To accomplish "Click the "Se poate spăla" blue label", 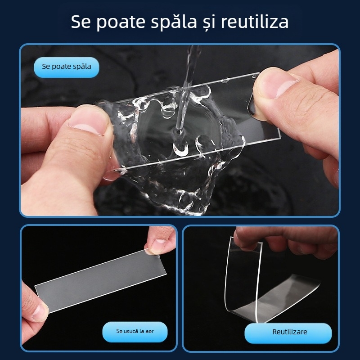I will click(67, 67).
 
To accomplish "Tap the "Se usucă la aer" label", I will click(135, 331).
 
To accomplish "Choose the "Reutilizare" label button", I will click(290, 332).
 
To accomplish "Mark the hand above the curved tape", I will click(288, 241).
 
